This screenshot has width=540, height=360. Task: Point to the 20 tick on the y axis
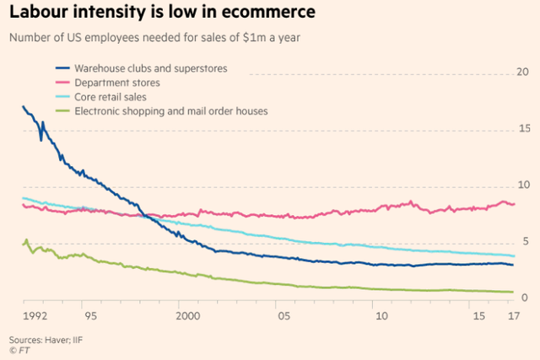click(522, 73)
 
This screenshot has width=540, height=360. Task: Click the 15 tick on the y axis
click(522, 128)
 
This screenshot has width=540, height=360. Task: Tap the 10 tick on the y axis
click(522, 185)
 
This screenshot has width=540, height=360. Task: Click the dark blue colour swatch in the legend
click(63, 68)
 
